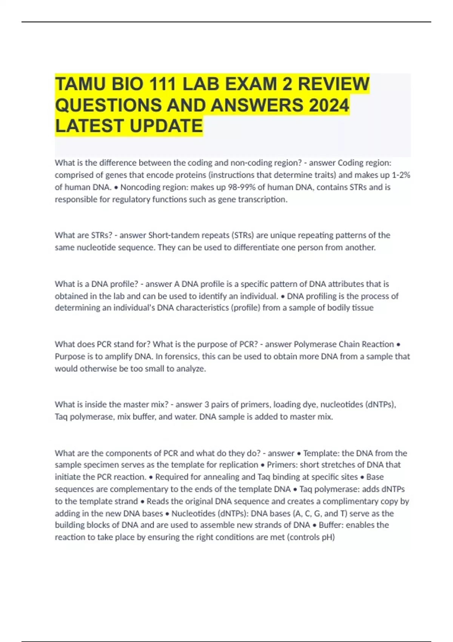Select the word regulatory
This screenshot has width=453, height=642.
[x=130, y=199]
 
